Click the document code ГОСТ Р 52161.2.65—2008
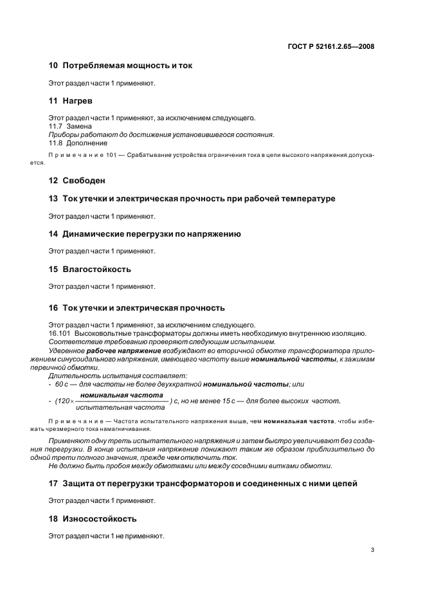click(332, 47)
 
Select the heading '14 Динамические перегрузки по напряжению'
click(145, 234)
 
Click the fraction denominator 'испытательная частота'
click(120, 408)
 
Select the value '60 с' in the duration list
click(61, 383)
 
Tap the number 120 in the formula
click(62, 401)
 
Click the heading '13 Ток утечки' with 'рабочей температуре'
click(192, 199)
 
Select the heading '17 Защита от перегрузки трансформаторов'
click(203, 483)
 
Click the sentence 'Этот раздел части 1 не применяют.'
click(106, 535)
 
